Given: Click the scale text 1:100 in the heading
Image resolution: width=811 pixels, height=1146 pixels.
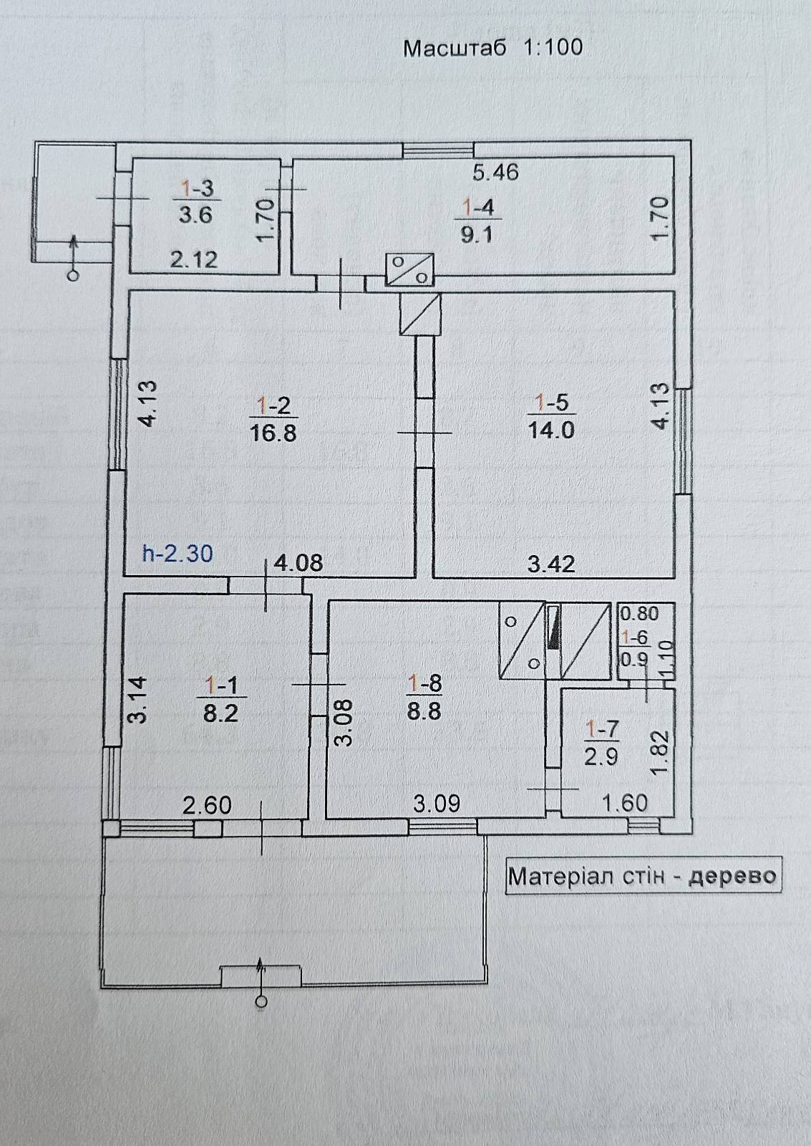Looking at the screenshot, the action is point(553,47).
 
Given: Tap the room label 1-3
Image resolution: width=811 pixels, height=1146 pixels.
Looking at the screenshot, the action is point(196,189).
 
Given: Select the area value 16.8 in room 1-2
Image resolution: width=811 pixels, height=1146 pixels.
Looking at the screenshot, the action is point(273,433).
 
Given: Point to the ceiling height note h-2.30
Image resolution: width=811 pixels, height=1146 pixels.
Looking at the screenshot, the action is point(178,554).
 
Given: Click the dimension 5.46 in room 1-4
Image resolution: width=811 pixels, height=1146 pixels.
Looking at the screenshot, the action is point(495,173).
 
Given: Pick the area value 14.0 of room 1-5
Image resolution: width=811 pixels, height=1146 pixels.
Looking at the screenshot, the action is point(551,430).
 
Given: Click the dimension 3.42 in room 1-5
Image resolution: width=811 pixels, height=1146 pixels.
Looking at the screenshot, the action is point(551,564).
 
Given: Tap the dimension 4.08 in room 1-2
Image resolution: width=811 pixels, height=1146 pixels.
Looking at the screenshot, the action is point(298,563).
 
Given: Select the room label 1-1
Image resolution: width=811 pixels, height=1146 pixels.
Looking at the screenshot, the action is point(221,685).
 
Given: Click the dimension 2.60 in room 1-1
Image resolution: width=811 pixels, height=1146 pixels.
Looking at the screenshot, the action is point(207,805).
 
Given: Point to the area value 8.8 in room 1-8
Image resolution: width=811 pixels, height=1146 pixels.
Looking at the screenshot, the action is point(424,712).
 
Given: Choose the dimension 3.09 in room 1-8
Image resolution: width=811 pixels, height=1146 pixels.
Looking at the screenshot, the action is point(436,803).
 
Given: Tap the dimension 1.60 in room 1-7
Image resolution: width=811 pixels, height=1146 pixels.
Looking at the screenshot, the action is point(626,803).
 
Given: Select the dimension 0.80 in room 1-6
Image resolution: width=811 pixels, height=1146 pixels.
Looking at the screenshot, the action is point(639,613).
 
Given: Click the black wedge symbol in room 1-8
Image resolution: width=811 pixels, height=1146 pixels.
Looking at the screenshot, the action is point(553,627).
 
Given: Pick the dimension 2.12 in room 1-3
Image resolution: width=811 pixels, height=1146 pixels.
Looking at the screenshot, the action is point(194,261).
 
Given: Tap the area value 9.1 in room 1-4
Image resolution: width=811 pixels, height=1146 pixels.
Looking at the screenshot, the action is point(476,236).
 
